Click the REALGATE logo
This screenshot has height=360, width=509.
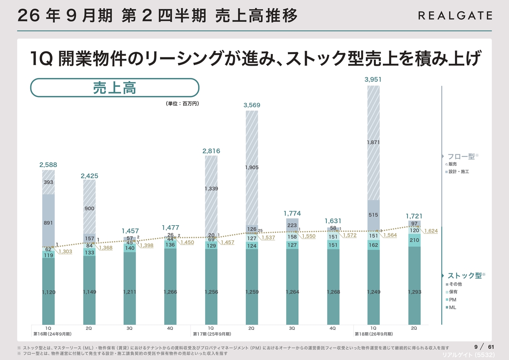click(455, 16)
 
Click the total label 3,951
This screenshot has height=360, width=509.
click(373, 80)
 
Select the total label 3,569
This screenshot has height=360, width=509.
click(251, 105)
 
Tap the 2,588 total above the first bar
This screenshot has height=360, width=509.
click(48, 165)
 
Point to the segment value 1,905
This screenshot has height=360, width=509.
click(251, 167)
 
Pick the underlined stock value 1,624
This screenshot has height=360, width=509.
click(431, 231)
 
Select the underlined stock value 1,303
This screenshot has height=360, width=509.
click(65, 251)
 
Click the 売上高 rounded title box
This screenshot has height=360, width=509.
click(115, 88)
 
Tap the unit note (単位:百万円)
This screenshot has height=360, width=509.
click(182, 103)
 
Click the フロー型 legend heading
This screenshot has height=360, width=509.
click(461, 156)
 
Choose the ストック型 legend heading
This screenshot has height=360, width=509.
click(464, 275)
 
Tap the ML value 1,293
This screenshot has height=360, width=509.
click(414, 292)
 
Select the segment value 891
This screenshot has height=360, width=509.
click(48, 223)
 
